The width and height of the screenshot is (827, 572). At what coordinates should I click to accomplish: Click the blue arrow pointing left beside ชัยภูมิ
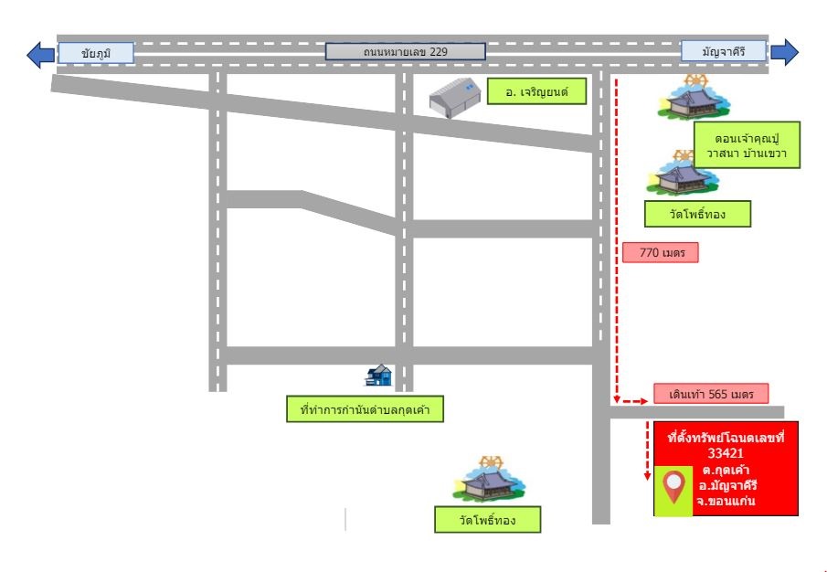tap(40, 55)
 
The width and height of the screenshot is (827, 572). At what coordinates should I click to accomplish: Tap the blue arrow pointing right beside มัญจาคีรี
tap(784, 52)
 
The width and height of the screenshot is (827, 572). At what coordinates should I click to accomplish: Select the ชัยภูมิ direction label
tap(96, 53)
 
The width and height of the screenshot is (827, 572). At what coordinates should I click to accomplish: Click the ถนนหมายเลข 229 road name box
tap(405, 52)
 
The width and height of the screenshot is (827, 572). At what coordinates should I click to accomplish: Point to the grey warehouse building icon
tap(455, 98)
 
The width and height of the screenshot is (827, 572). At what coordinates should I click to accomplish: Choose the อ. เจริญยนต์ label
tap(536, 91)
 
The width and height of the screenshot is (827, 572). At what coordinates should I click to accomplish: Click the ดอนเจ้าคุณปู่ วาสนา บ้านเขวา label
tap(747, 145)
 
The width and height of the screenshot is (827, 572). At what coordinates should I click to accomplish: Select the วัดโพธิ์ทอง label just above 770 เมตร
tap(697, 214)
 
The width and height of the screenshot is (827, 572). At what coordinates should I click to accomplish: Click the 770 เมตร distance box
tap(661, 252)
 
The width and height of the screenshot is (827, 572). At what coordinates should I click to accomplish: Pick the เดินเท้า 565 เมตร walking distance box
tap(711, 394)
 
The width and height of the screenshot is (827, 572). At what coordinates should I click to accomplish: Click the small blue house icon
tap(378, 375)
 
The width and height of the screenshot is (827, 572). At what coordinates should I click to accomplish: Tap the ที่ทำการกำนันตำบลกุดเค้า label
tap(365, 409)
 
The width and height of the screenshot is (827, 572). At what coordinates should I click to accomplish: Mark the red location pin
tap(673, 486)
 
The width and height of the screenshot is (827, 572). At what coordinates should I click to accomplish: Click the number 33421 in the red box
tap(726, 453)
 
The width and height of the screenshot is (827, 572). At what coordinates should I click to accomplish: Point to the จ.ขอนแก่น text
tap(726, 501)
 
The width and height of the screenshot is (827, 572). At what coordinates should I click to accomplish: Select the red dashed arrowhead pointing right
tap(643, 401)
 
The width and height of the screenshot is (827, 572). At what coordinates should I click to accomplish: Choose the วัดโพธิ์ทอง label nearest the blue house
tap(487, 520)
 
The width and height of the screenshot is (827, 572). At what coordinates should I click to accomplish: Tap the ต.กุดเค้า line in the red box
tap(726, 470)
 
